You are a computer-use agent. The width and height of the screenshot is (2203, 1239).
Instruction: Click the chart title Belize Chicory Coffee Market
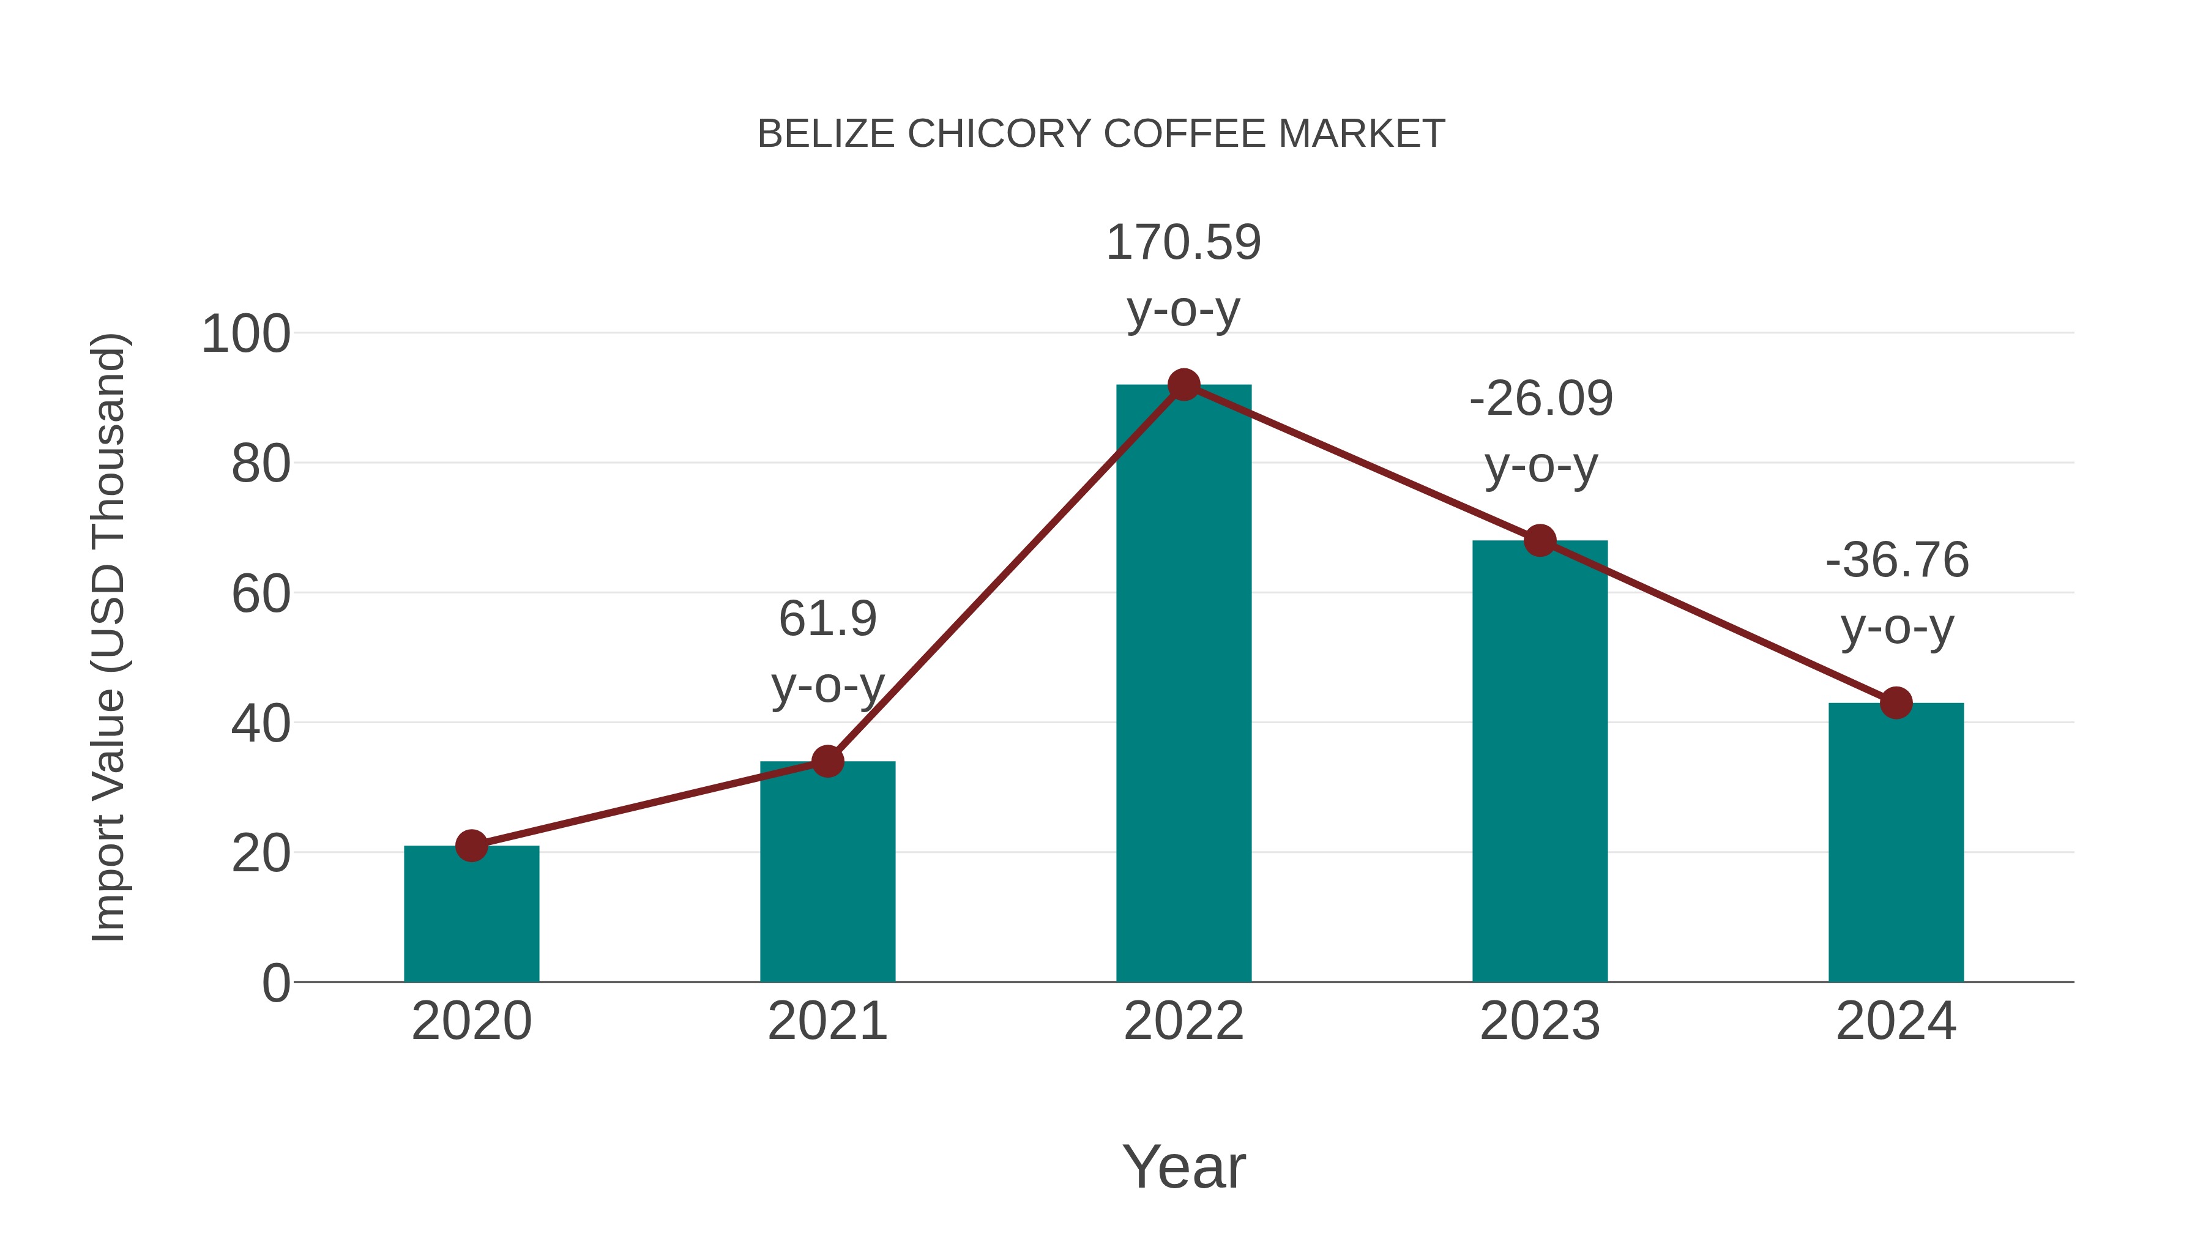click(x=1101, y=134)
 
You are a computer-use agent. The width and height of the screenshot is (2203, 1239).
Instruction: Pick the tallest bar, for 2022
click(x=1184, y=684)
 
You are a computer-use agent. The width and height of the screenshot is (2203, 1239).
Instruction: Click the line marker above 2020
click(x=471, y=846)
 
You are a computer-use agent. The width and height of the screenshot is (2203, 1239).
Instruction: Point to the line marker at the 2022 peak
click(x=1184, y=385)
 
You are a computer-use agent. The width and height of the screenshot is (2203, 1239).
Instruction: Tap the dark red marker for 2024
click(x=1896, y=703)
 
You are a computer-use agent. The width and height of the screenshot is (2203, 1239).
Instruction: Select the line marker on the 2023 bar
click(x=1540, y=540)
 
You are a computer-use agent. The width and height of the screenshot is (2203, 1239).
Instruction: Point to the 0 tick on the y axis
click(x=276, y=983)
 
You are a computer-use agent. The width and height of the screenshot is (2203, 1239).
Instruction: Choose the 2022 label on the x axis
click(x=1184, y=1021)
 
